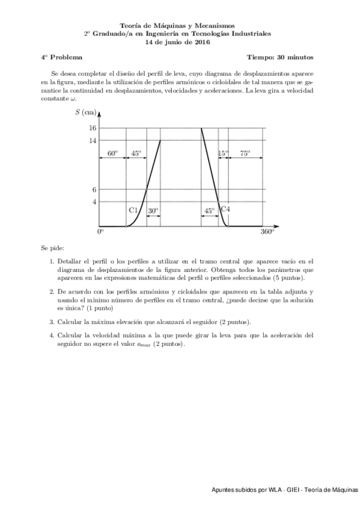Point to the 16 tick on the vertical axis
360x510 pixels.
[x=93, y=128]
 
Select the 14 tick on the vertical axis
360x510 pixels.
[x=93, y=141]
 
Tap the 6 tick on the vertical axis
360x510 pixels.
[x=94, y=189]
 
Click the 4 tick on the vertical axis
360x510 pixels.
[x=94, y=201]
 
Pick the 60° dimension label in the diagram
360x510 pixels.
[x=112, y=153]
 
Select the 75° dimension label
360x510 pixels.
[x=245, y=153]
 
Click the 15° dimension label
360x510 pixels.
[x=223, y=153]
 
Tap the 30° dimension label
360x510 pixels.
[x=153, y=210]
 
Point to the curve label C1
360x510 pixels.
[x=134, y=210]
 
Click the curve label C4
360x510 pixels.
[x=225, y=209]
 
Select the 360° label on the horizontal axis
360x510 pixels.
[x=267, y=232]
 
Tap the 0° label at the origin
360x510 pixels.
[x=101, y=232]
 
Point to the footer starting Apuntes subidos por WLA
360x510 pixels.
[x=284, y=491]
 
